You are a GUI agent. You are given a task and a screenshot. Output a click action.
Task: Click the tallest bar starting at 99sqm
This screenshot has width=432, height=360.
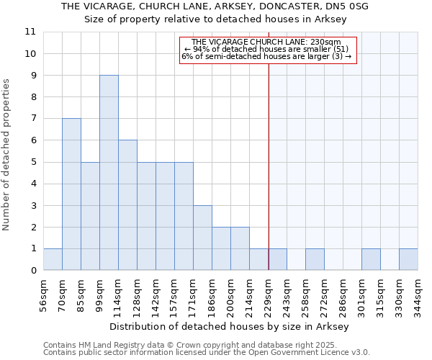point(109,173)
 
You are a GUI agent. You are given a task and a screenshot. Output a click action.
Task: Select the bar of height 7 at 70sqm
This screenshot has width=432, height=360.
point(71,194)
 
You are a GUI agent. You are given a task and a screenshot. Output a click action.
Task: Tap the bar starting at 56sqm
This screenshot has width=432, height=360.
point(53,259)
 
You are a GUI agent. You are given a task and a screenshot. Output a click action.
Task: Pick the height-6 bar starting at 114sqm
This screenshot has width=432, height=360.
point(127,205)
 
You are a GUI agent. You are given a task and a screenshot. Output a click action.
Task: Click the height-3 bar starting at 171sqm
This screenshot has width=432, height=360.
point(202,238)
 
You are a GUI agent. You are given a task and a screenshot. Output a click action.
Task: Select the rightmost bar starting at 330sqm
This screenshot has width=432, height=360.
point(408,259)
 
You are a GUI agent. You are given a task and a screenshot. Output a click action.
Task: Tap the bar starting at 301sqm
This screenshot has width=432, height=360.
point(371,259)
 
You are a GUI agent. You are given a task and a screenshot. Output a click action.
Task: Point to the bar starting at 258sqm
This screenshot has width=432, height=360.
point(315,259)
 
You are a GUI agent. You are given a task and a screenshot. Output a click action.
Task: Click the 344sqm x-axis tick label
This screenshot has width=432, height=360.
point(418,293)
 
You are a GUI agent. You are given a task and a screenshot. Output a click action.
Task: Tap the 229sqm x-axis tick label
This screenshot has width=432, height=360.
point(268,293)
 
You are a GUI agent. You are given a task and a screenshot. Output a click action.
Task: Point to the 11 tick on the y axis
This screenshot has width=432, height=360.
point(30,32)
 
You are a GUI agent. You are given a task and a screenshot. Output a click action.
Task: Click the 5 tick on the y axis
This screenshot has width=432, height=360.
point(33,162)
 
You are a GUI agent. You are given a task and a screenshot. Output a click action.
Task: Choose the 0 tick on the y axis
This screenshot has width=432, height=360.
point(33,271)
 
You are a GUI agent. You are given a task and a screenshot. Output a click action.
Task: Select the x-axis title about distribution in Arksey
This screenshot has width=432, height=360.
point(230,326)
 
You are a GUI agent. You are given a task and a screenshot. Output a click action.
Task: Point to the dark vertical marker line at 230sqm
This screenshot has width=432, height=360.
point(269,158)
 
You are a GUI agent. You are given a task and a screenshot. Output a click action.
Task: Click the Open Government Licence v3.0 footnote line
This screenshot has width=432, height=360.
point(206,352)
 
